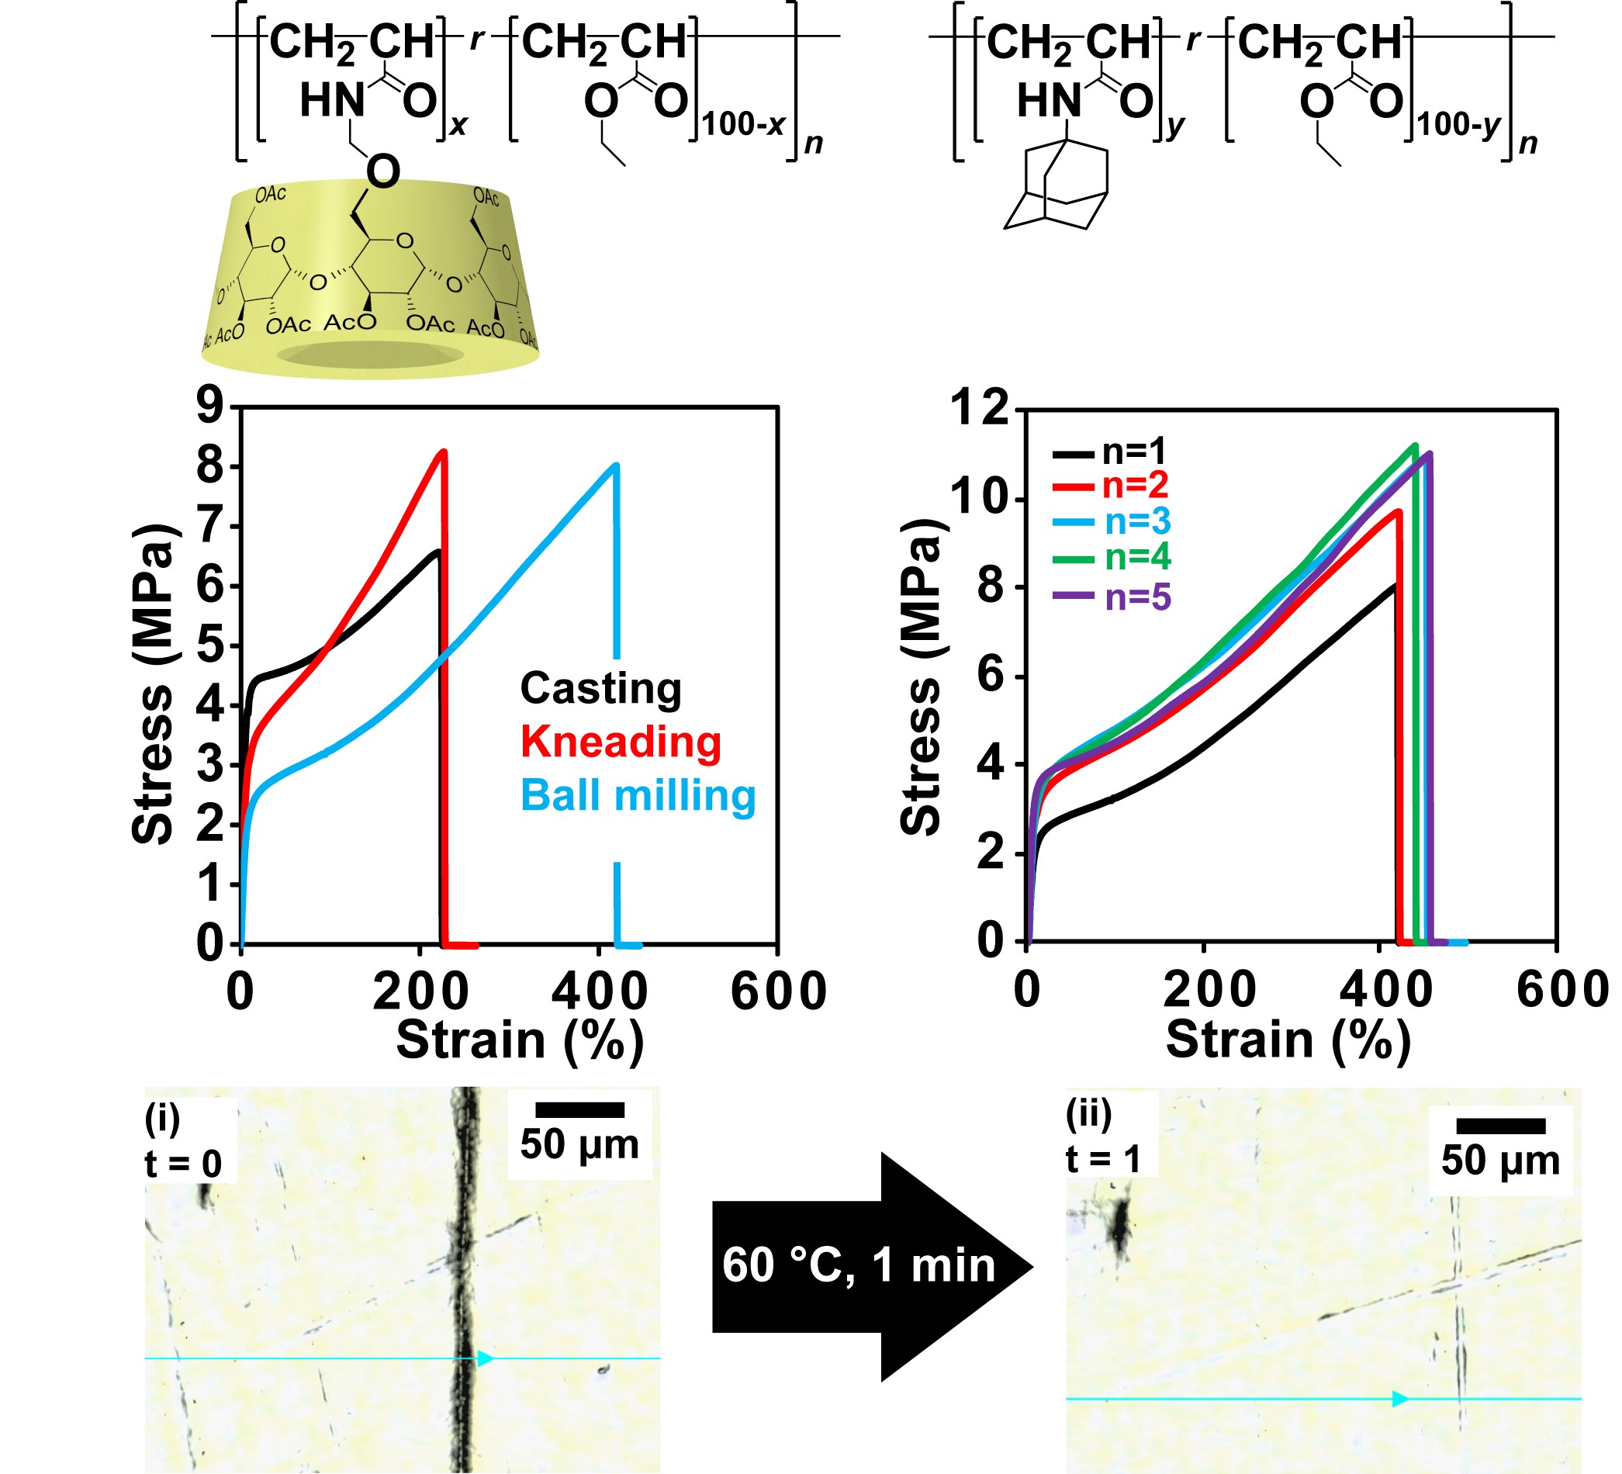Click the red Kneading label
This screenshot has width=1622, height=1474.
[x=621, y=741]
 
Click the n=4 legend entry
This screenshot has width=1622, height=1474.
[x=1137, y=557]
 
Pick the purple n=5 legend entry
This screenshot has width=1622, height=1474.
[x=1137, y=597]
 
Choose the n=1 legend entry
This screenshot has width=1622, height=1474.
[x=1133, y=452]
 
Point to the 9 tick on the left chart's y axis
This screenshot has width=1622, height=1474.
[x=211, y=407]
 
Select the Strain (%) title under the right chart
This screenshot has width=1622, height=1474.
[x=1288, y=1040]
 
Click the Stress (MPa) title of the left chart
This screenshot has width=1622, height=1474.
[x=153, y=684]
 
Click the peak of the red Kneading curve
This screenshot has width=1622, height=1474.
[x=442, y=452]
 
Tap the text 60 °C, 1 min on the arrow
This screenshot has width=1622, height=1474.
[x=859, y=1265]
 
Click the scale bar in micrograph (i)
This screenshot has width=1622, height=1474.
[x=579, y=1110]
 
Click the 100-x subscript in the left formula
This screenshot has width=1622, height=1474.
[x=742, y=125]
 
